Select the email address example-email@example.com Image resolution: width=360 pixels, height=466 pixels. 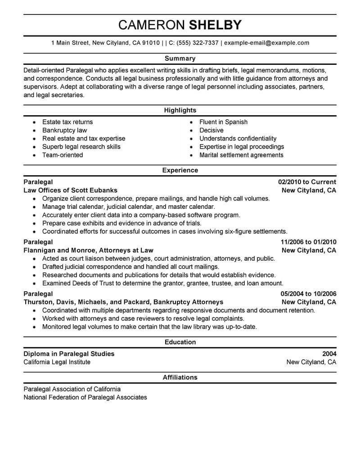pyautogui.click(x=266, y=43)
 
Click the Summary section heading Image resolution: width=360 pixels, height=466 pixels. pyautogui.click(x=180, y=59)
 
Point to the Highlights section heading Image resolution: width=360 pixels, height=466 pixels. pyautogui.click(x=180, y=110)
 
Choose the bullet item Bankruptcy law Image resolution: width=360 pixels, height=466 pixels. pyautogui.click(x=64, y=130)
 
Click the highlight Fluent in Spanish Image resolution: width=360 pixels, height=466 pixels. pyautogui.click(x=223, y=122)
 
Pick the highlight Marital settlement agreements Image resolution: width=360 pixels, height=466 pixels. pyautogui.click(x=241, y=155)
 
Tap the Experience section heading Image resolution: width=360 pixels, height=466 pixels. pyautogui.click(x=180, y=171)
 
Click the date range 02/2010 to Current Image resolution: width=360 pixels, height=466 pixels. pyautogui.click(x=307, y=182)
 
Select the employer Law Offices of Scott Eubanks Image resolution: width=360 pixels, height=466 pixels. pyautogui.click(x=70, y=190)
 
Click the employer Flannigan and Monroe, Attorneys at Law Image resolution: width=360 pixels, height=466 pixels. pyautogui.click(x=88, y=250)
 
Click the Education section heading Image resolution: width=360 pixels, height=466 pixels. pyautogui.click(x=180, y=342)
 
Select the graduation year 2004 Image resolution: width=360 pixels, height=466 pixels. pyautogui.click(x=329, y=354)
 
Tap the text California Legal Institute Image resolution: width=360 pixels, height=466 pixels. pyautogui.click(x=57, y=362)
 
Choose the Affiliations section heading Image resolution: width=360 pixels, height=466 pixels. pyautogui.click(x=180, y=377)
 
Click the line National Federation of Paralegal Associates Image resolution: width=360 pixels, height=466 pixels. pyautogui.click(x=85, y=397)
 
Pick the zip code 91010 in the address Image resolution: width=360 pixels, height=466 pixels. pyautogui.click(x=150, y=43)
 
